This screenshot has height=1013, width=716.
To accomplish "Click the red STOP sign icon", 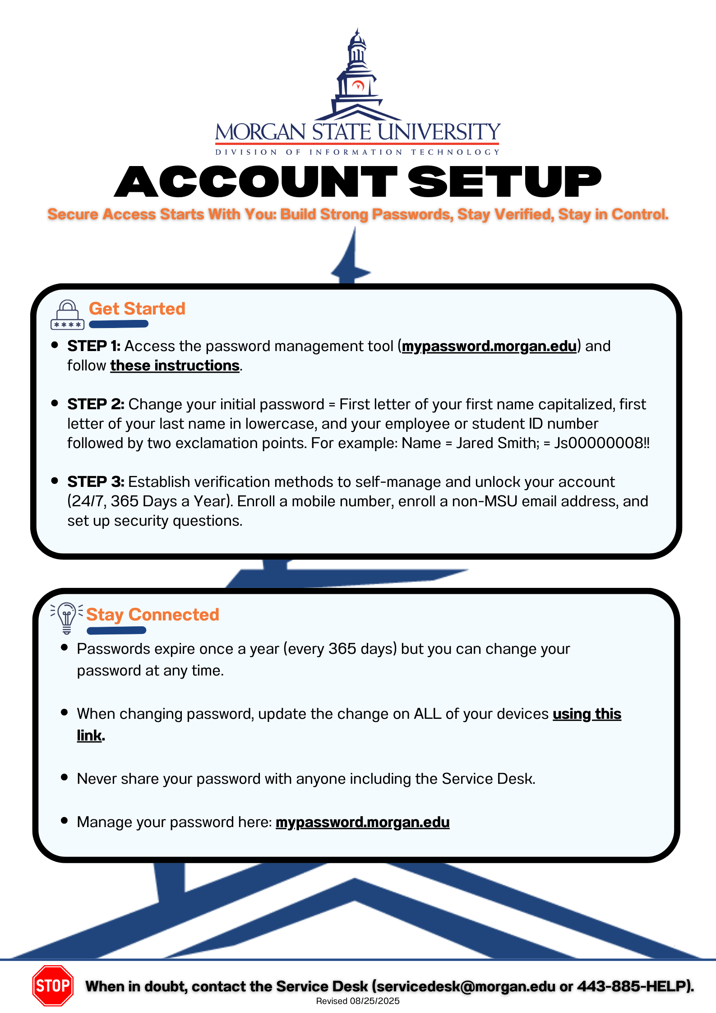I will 53,985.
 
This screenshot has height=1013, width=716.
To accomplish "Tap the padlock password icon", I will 67,315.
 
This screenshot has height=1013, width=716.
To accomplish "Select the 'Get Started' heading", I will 137,309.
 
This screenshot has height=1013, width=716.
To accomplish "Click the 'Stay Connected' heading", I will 152,615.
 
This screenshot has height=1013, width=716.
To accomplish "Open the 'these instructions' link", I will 175,365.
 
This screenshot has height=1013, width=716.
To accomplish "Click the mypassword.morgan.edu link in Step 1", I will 489,346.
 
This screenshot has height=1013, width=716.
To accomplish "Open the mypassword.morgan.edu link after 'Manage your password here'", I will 362,822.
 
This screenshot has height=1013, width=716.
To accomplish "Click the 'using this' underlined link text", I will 587,714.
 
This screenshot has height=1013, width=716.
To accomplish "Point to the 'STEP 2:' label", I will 96,404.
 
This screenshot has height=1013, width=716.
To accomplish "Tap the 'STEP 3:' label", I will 96,482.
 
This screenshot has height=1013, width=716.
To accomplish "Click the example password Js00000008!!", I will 602,443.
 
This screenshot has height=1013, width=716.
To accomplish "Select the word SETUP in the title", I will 505,181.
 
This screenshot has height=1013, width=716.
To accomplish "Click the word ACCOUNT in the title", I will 256,181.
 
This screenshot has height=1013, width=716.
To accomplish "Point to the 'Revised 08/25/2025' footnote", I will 358,1001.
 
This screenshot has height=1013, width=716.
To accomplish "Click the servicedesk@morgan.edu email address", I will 466,986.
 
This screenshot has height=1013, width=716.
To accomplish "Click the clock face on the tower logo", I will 358,85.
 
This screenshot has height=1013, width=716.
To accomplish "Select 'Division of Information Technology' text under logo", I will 358,152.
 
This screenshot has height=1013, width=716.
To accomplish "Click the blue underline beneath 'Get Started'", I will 119,324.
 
